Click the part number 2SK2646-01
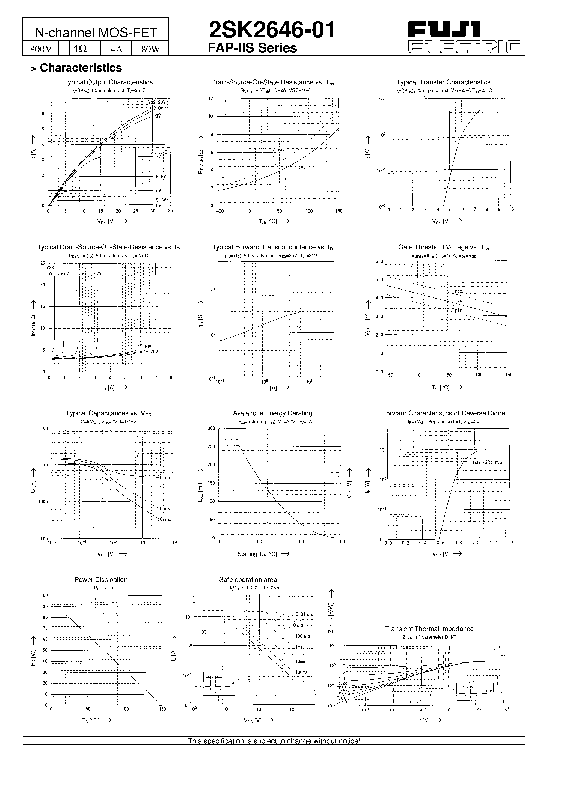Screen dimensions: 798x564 pyautogui.click(x=271, y=30)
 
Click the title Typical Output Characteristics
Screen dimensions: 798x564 pyautogui.click(x=108, y=82)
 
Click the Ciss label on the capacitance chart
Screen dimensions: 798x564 pyautogui.click(x=165, y=478)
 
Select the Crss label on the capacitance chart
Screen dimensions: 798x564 pyautogui.click(x=165, y=520)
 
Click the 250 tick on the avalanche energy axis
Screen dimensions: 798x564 pyautogui.click(x=211, y=446)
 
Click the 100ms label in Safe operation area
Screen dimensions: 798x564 pyautogui.click(x=301, y=672)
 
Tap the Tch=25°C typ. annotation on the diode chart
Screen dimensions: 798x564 pyautogui.click(x=487, y=463)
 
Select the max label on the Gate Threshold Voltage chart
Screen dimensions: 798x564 pyautogui.click(x=458, y=291)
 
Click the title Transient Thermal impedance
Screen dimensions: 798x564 pyautogui.click(x=429, y=629)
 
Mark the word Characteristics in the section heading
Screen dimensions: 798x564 pyautogui.click(x=81, y=68)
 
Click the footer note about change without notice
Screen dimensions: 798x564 pyautogui.click(x=274, y=741)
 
